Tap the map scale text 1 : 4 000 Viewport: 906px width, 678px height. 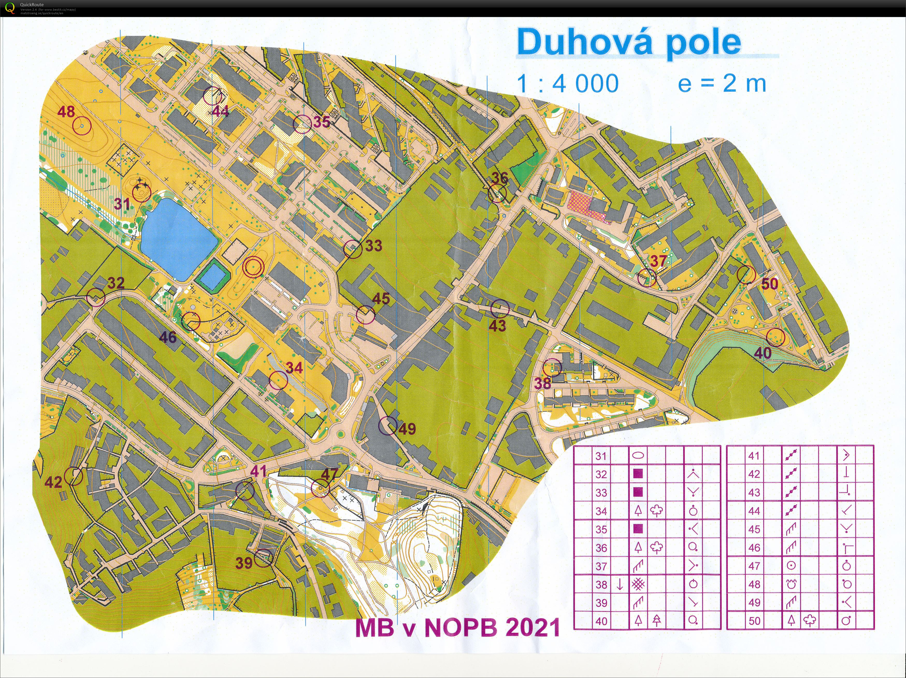567,84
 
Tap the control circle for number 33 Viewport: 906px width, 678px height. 353,249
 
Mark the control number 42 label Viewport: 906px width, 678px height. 53,482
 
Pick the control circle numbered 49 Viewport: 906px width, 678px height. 387,426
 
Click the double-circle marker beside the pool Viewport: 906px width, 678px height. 253,267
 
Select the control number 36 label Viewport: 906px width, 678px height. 499,178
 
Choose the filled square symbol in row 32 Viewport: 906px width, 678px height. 638,474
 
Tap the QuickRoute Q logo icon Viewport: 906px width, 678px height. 9,8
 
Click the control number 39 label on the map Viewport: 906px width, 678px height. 244,563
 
